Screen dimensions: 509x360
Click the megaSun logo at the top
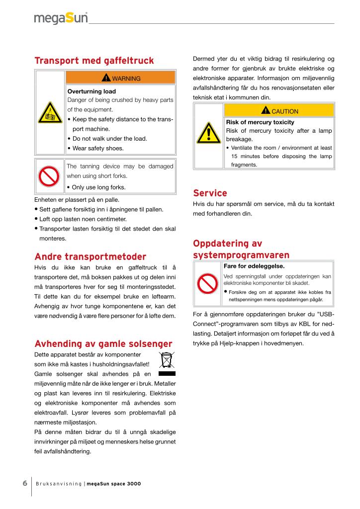coord(61,18)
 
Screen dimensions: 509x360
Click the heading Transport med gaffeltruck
coord(94,61)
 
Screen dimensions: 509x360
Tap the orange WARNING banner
coord(120,78)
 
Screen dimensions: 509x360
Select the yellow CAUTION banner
coord(279,111)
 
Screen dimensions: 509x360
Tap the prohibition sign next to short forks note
coord(50,176)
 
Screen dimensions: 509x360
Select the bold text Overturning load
coord(91,91)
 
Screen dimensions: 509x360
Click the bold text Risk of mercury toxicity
coord(260,122)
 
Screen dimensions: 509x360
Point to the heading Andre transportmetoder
coord(90,257)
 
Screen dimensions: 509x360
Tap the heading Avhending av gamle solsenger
coord(103,344)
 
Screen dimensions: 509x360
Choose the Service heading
coord(210,193)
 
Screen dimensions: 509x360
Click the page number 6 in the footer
coord(24,484)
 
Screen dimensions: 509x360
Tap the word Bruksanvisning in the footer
coord(58,484)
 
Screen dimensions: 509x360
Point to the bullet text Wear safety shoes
coord(98,148)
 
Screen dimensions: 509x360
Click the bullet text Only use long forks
coord(98,187)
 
